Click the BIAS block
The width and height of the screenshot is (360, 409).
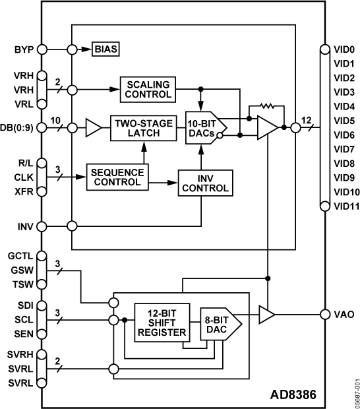click(x=107, y=49)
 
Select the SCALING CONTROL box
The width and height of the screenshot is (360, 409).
click(x=148, y=89)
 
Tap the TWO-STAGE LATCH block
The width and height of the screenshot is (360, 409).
click(x=143, y=128)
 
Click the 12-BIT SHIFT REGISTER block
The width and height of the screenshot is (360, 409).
click(x=161, y=321)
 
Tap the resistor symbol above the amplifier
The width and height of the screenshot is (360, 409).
click(x=267, y=105)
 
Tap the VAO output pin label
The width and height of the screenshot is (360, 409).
click(x=344, y=315)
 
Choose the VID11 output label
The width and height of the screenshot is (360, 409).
click(x=345, y=207)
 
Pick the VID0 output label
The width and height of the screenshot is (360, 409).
click(x=344, y=49)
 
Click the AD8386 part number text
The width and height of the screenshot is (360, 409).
click(x=293, y=396)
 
